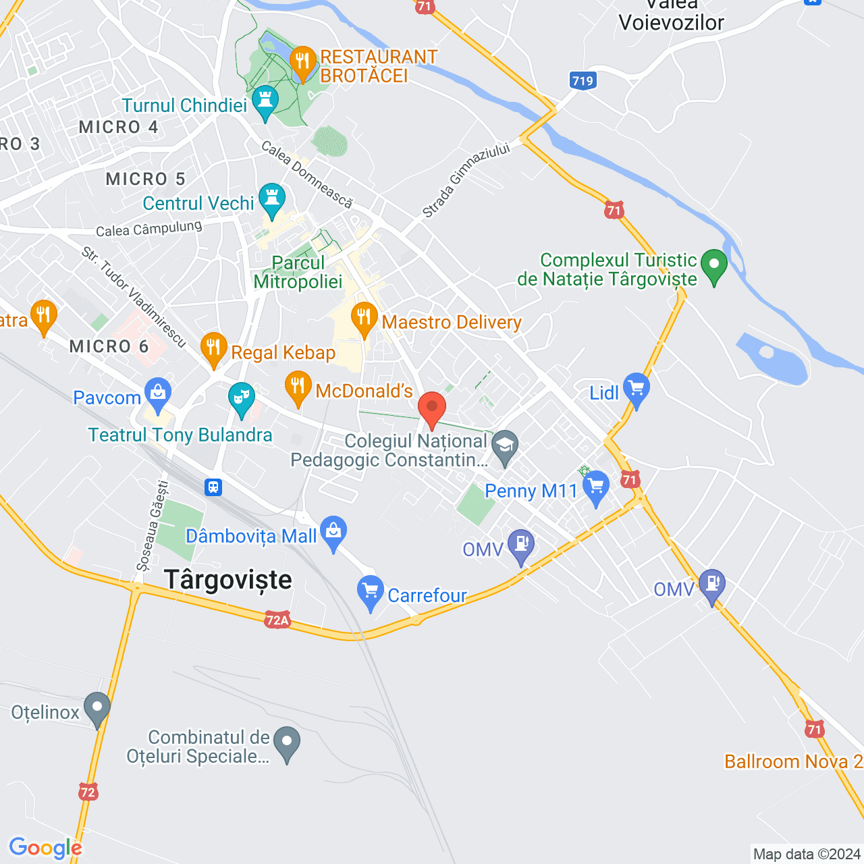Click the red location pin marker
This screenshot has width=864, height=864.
tap(432, 408)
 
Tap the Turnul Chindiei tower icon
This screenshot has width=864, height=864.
tap(265, 101)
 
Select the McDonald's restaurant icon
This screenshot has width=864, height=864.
tap(298, 387)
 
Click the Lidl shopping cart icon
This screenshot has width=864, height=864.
tap(636, 389)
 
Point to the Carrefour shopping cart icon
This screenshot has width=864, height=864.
tap(370, 591)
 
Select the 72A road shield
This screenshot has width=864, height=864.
tap(277, 620)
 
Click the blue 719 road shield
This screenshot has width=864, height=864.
tap(583, 81)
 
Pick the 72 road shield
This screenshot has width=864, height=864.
tap(88, 791)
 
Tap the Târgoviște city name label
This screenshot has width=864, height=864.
tap(228, 580)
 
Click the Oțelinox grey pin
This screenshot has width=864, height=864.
tap(97, 708)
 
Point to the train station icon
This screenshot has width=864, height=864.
tap(214, 487)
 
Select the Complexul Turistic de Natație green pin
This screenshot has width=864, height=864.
tap(713, 265)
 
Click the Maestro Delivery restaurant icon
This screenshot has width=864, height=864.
tap(364, 317)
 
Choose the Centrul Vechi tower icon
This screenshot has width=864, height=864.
tap(272, 198)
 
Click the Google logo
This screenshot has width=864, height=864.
tap(45, 848)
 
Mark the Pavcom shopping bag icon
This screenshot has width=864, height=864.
tap(158, 393)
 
